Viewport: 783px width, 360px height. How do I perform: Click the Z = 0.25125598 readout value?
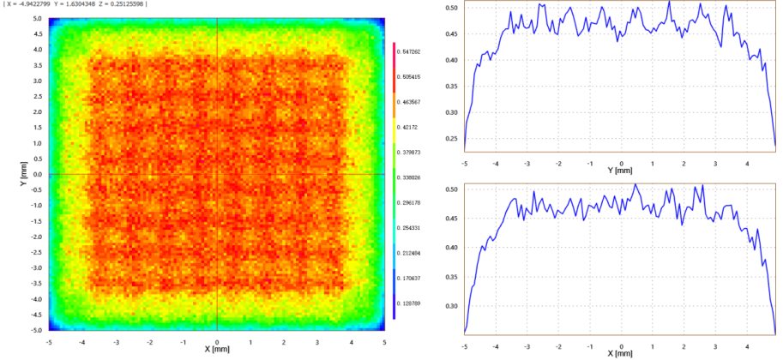(x=120, y=4)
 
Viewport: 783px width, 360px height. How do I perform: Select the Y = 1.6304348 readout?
(x=75, y=4)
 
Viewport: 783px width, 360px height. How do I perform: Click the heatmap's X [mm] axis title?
(x=216, y=349)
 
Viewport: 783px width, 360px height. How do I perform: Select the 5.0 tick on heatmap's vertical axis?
(x=38, y=18)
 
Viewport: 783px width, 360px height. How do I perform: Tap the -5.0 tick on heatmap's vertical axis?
(x=37, y=330)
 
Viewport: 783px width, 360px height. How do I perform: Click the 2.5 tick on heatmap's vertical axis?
(x=38, y=96)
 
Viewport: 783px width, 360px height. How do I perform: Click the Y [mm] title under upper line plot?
(x=620, y=170)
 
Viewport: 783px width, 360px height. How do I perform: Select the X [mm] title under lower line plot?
(x=620, y=352)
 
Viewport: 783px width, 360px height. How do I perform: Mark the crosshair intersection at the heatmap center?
(x=217, y=174)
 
